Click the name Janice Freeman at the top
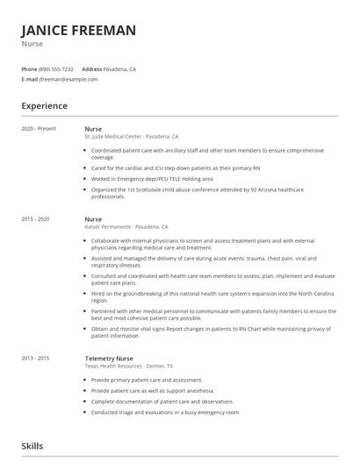78,31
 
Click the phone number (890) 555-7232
57,68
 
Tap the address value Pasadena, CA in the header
120,68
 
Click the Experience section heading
44,106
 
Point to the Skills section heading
32,446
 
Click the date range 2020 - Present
39,128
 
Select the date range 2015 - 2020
36,218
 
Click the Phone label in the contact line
29,68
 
